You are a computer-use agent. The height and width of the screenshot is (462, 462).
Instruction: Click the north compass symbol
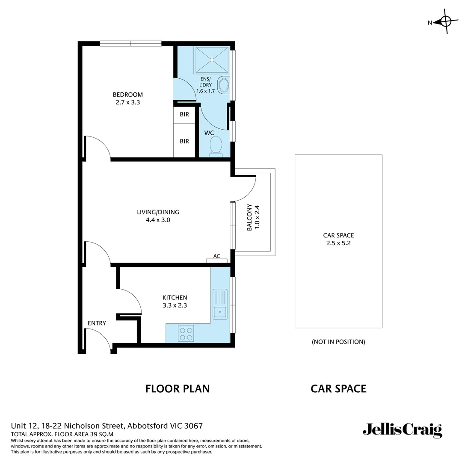tap(445, 21)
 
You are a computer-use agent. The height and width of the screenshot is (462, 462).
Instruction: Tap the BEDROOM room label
tap(127, 95)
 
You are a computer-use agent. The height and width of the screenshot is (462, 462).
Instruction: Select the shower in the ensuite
tap(212, 60)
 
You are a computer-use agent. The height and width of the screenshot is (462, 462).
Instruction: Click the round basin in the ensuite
tap(224, 85)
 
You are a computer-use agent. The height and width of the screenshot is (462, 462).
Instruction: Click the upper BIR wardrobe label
tap(184, 115)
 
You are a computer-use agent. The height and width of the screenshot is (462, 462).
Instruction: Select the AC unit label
tap(217, 256)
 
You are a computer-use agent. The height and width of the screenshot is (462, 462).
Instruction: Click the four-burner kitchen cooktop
tap(186, 334)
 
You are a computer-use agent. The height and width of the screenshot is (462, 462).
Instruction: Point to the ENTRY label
tap(97, 323)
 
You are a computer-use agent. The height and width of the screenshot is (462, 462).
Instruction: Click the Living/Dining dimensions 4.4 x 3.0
tap(158, 220)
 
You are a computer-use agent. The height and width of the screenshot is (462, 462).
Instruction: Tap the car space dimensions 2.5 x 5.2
tap(338, 243)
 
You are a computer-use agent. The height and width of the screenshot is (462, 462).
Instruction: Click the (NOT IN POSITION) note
tap(338, 342)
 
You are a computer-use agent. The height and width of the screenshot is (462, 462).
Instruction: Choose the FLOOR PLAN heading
tap(178, 388)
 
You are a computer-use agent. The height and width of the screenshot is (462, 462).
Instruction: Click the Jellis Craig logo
tap(402, 429)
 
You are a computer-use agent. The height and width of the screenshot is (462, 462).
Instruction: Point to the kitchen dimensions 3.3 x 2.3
tap(175, 305)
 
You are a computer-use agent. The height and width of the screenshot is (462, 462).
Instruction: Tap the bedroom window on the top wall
tap(130, 43)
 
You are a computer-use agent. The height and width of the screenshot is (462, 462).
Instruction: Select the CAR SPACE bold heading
tap(338, 388)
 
